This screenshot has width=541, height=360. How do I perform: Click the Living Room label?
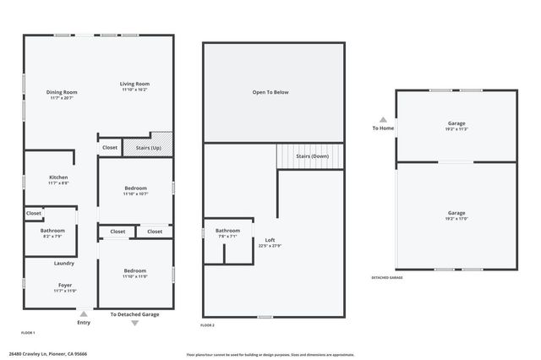[134, 84]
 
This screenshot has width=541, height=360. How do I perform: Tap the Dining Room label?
[62, 92]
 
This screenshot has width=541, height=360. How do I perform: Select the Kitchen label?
[58, 177]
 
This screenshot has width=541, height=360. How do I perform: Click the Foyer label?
[64, 285]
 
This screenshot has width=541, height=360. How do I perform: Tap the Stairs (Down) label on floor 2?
[312, 156]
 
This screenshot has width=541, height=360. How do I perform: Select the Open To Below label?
[270, 92]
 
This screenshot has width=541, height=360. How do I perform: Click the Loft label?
[270, 240]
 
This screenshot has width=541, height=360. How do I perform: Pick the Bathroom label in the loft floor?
[227, 231]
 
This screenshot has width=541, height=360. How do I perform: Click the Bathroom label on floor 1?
[52, 231]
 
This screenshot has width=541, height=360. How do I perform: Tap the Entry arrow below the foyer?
[83, 314]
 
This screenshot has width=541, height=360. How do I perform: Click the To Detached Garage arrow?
[134, 322]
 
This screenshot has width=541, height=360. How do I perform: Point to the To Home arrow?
[383, 120]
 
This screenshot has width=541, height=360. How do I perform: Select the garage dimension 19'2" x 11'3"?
[456, 129]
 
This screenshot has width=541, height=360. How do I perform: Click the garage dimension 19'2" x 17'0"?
[456, 219]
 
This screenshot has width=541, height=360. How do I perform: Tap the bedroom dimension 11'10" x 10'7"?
[135, 194]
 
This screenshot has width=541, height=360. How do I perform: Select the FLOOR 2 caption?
[208, 325]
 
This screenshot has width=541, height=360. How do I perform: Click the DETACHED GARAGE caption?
[386, 277]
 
